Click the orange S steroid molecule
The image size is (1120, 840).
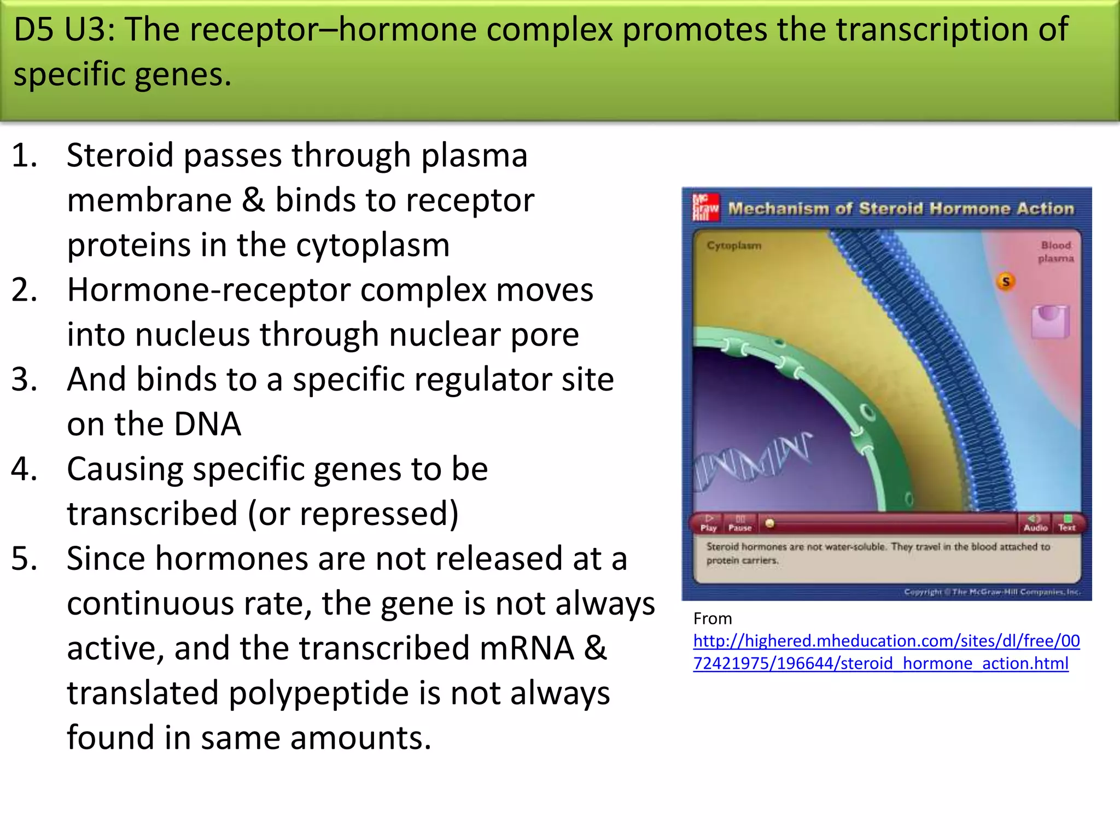point(1005,282)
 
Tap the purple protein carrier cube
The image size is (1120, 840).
point(1050,322)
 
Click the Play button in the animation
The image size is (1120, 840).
point(709,523)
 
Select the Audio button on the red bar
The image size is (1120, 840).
point(1035,523)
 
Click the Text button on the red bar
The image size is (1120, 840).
point(1067,523)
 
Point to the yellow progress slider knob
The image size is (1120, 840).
point(770,523)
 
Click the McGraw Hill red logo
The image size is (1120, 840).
point(705,208)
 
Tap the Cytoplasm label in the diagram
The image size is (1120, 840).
point(733,246)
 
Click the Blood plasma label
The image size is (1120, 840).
point(1055,252)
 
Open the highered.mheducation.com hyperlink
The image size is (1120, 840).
point(886,652)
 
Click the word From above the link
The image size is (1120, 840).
point(712,619)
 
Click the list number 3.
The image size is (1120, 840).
point(25,379)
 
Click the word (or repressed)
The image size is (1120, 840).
point(353,514)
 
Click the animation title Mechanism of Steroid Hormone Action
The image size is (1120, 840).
point(901,208)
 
